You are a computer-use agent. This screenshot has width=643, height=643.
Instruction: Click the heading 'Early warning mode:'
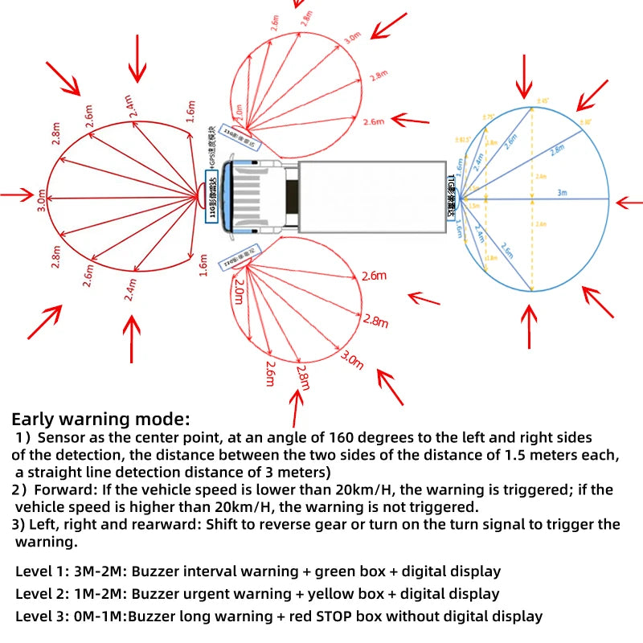coord(100,419)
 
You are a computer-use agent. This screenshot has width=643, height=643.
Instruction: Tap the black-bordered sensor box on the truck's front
coord(214,196)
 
